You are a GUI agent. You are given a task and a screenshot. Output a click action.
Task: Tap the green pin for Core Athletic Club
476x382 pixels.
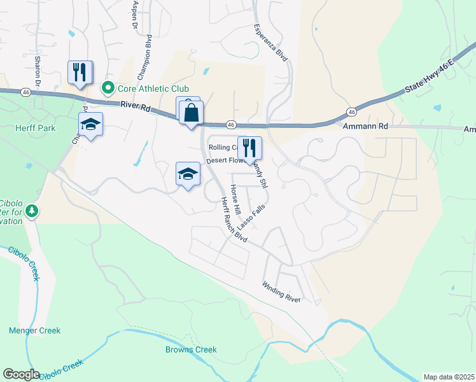(x=108, y=88)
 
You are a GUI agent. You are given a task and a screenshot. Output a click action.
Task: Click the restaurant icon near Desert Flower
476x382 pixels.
(x=249, y=148)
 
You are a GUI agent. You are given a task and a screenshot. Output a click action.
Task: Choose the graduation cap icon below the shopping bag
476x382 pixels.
(x=188, y=174)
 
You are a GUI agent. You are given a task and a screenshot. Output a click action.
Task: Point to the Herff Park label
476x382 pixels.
(x=36, y=128)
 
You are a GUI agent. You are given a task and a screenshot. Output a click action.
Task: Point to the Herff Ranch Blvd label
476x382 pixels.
(x=233, y=219)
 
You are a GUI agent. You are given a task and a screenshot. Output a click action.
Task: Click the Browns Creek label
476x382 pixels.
(x=191, y=350)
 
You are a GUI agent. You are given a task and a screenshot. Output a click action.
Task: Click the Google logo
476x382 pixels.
(x=21, y=374)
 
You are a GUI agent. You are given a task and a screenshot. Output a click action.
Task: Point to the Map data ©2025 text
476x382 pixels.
(x=448, y=377)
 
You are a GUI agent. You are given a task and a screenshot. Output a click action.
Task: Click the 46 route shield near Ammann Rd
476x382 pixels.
(x=351, y=111)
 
